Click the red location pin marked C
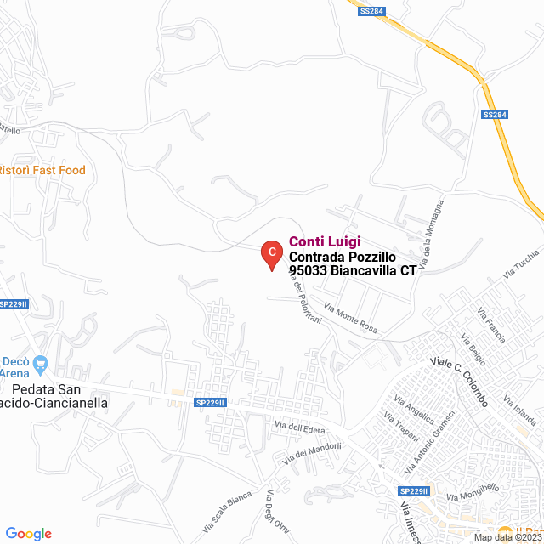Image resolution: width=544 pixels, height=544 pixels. (x=270, y=253)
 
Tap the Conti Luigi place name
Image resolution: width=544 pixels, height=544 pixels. (x=326, y=242)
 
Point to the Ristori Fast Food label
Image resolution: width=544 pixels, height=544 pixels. (x=42, y=170)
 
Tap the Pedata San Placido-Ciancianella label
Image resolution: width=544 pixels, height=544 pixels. (x=54, y=396)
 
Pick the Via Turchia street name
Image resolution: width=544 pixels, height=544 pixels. (x=521, y=264)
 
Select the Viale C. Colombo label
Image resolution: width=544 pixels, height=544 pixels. (x=459, y=381)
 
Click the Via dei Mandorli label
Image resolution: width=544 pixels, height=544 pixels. (x=313, y=452)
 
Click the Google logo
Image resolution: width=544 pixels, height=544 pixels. (x=28, y=533)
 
